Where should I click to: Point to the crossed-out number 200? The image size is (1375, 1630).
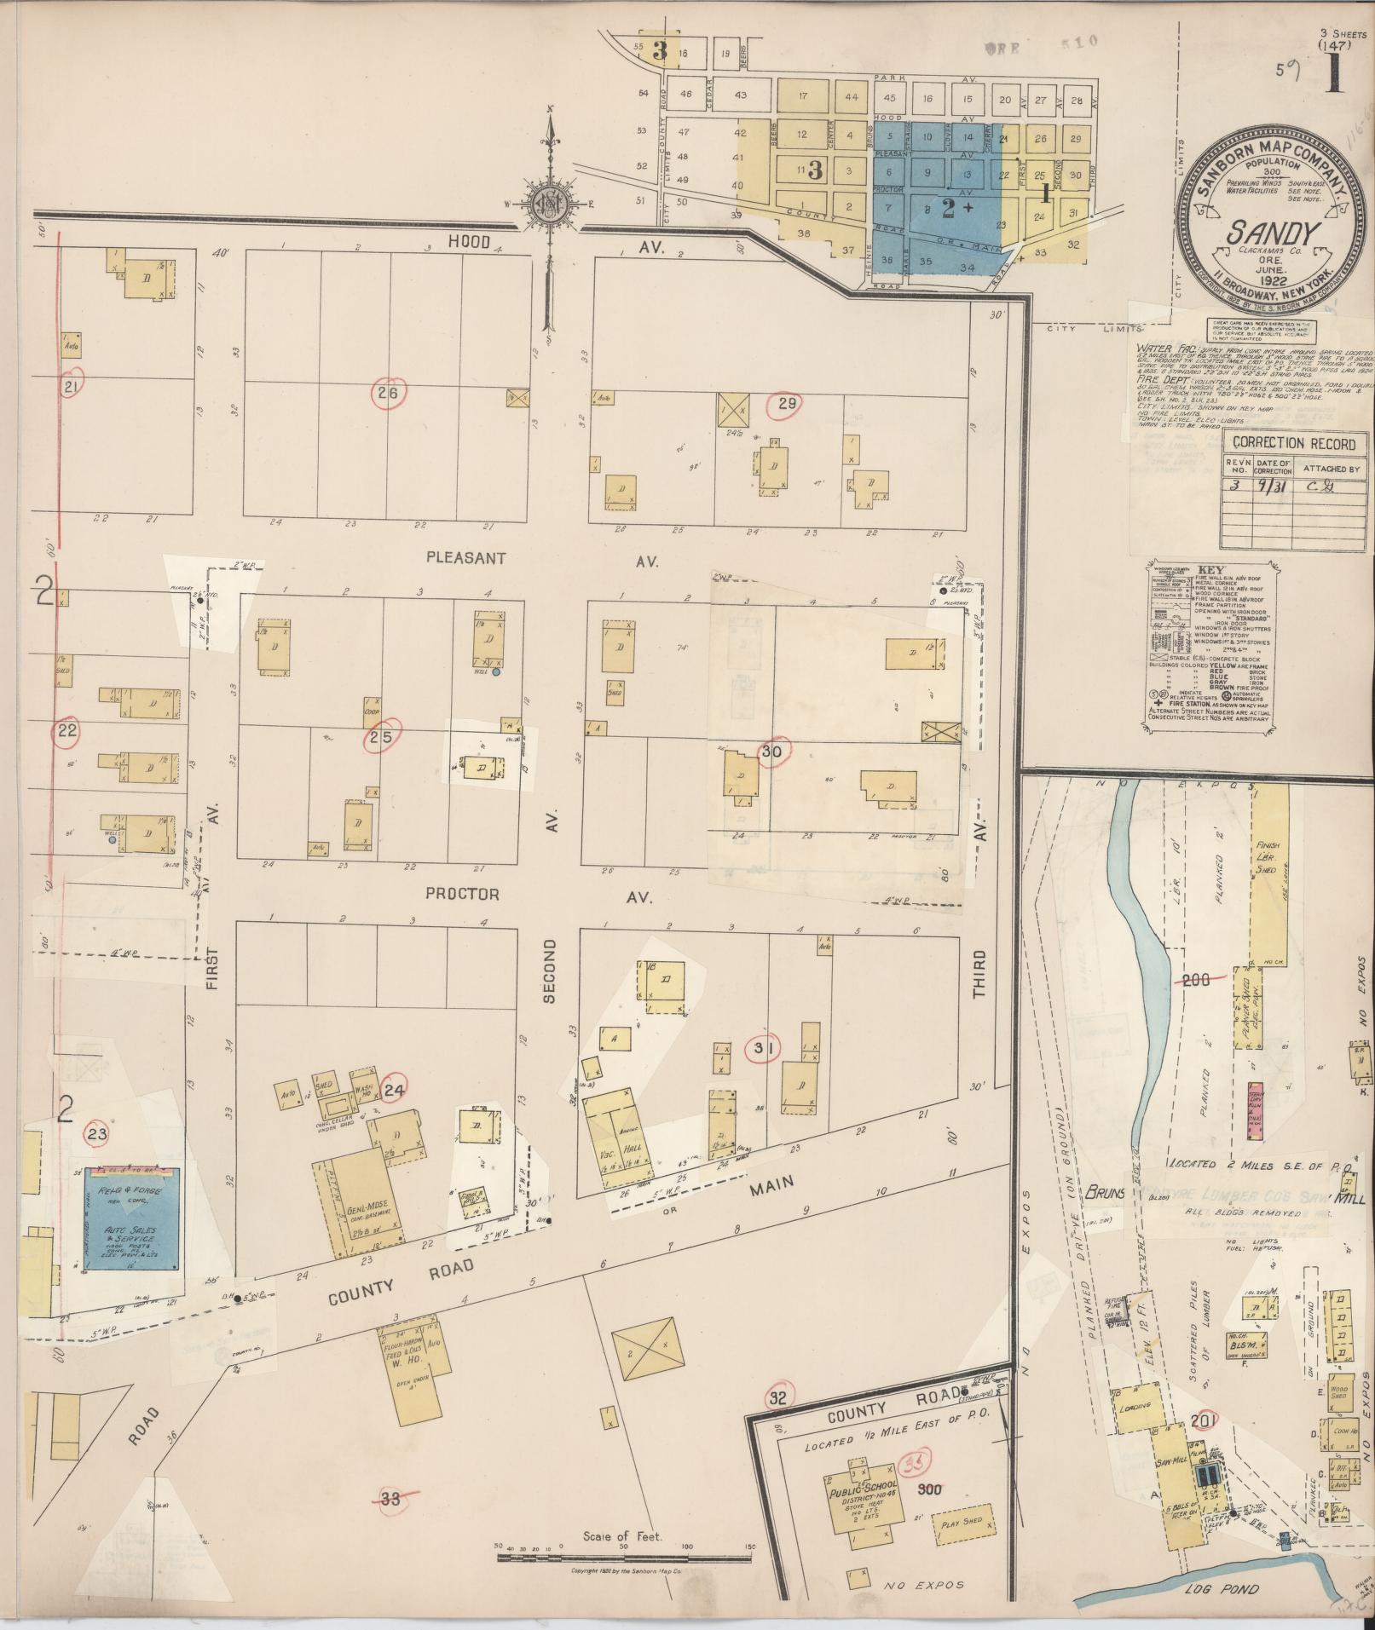[x=1197, y=981]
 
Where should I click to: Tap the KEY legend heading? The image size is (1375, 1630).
[x=1210, y=570]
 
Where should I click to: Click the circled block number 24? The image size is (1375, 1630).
[x=393, y=1088]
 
